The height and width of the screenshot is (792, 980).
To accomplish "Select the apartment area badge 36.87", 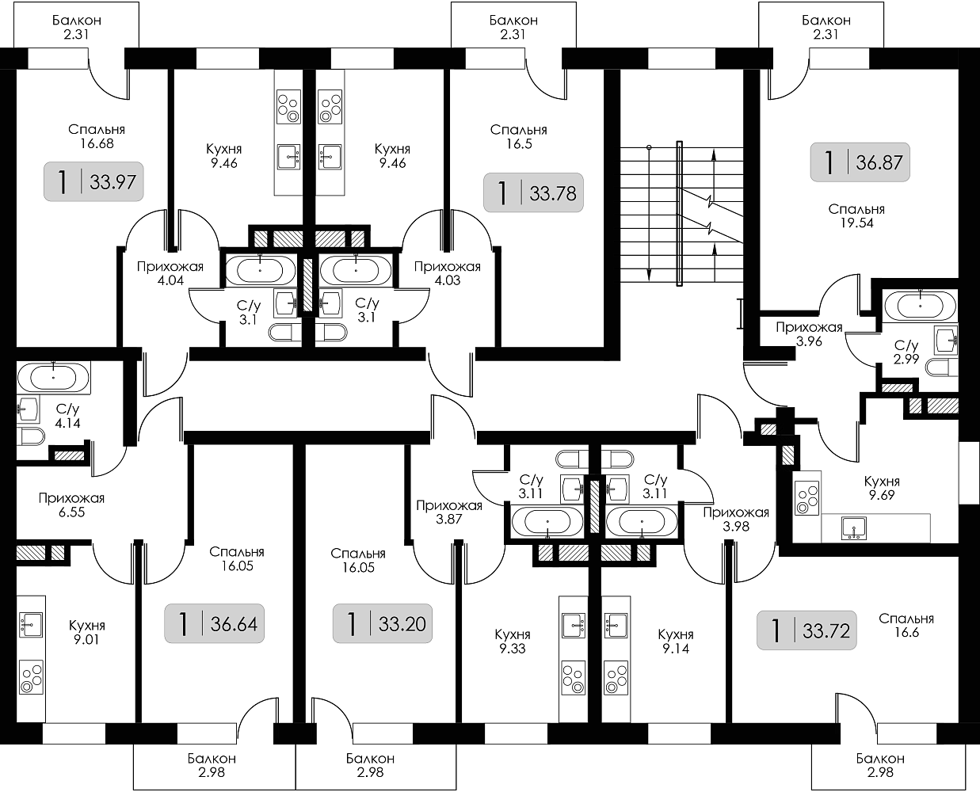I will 860,163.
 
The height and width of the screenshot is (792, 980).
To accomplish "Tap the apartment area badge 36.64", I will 214,624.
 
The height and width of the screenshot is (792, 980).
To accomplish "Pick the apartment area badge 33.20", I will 381,624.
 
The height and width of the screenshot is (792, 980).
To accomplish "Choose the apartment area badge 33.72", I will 806,630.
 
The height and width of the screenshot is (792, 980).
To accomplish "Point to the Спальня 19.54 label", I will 856,216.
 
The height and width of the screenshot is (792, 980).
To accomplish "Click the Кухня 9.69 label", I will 882,489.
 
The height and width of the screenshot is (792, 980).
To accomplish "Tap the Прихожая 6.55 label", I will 71,505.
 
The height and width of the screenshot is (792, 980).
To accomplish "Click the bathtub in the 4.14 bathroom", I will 54,377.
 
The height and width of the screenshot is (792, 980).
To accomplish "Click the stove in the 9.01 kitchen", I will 32,678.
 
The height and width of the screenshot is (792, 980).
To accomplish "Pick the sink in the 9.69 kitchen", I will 854,527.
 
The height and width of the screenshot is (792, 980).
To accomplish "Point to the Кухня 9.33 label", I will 512,641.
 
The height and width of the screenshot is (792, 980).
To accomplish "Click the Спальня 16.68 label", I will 96,136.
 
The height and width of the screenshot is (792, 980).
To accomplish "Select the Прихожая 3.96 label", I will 808,334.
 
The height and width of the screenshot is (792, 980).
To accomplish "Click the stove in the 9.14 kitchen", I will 614,678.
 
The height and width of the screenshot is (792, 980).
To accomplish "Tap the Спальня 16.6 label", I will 906,626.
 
